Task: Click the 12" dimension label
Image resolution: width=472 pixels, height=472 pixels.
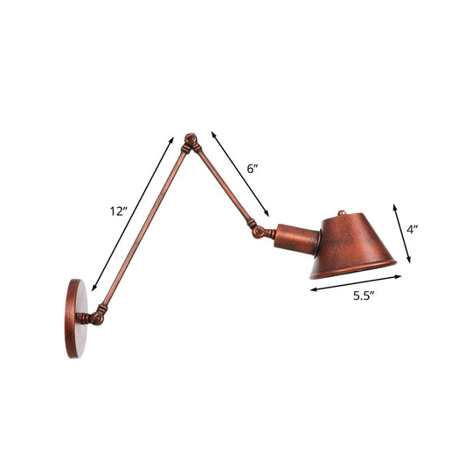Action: (x=119, y=212)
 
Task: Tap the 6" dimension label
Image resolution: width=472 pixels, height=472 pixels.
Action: (x=253, y=169)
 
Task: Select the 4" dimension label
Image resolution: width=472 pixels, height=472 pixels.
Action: (x=413, y=231)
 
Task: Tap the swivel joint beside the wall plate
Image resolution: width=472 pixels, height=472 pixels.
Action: (x=99, y=312)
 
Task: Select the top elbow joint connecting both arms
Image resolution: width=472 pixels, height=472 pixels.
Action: (x=190, y=142)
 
